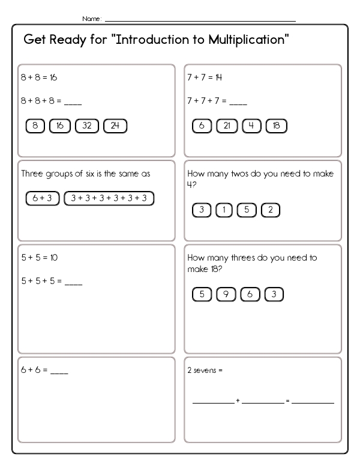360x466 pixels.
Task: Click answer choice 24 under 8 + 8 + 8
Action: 115,126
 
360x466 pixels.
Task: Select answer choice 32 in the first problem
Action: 87,126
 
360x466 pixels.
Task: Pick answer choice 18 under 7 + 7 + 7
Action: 276,126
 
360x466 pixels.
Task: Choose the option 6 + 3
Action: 42,198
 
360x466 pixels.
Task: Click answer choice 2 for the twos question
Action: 271,210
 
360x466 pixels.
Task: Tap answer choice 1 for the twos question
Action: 224,210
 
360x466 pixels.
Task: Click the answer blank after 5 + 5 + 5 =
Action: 73,282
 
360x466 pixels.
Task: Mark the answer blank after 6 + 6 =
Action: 59,372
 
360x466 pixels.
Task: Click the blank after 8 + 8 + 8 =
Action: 72,102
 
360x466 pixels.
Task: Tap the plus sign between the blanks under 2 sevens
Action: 238,401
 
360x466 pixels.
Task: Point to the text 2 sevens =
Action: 205,370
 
